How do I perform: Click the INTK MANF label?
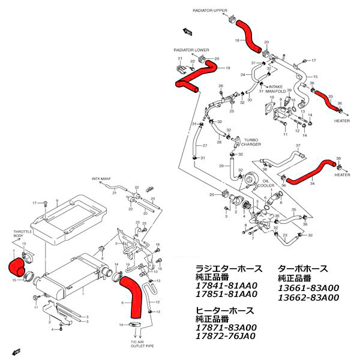(x=102, y=179)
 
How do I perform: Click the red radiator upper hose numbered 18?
(x=248, y=33)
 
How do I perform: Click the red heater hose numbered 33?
(x=329, y=101)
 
